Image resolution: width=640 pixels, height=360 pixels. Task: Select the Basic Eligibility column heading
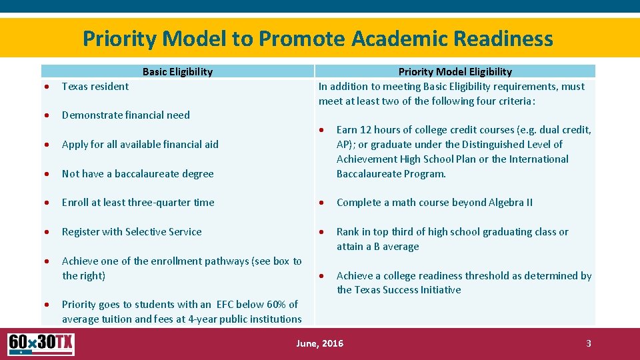point(177,72)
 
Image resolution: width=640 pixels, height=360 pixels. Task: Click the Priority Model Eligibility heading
point(455,72)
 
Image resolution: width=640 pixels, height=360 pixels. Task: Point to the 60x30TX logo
point(41,344)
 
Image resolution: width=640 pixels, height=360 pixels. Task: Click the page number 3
point(588,343)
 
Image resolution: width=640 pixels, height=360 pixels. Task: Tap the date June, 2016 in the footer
point(319,343)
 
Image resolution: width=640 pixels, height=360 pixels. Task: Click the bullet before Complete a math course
point(321,203)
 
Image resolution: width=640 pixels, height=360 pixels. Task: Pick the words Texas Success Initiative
point(399,290)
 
